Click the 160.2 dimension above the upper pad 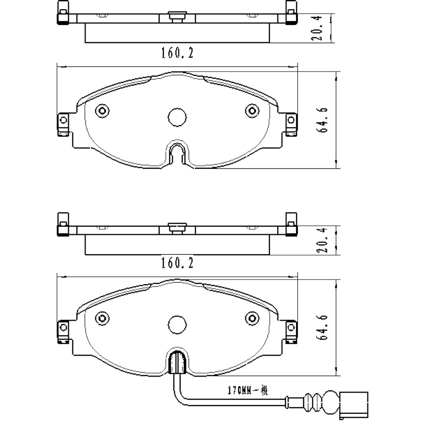pyautogui.click(x=177, y=53)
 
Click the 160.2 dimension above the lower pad pyautogui.click(x=177, y=264)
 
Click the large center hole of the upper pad pyautogui.click(x=177, y=117)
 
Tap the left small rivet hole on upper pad pyautogui.click(x=102, y=111)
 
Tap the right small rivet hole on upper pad pyautogui.click(x=252, y=111)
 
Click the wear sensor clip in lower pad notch pyautogui.click(x=177, y=363)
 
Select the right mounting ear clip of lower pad pyautogui.click(x=291, y=331)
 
